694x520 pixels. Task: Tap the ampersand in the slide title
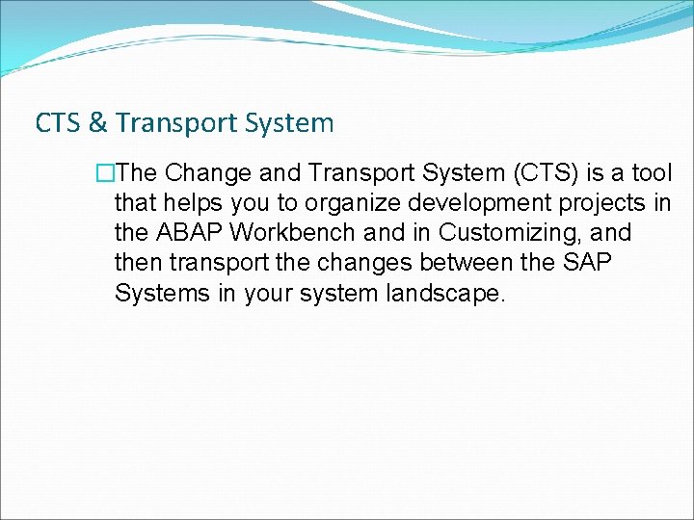(97, 123)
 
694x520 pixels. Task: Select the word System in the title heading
(290, 123)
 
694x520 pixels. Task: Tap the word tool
(649, 173)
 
